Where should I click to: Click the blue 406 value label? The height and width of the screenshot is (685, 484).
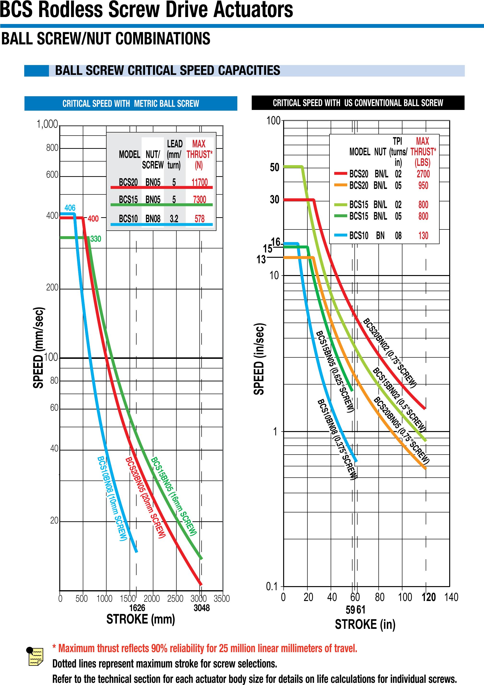70,208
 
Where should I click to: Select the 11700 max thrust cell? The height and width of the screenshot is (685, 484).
199,182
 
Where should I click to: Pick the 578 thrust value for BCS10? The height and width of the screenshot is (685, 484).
199,219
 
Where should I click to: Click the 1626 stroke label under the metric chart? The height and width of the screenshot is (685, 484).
137,608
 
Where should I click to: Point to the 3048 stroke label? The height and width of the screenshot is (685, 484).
202,608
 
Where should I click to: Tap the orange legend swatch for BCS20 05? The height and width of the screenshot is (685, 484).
340,185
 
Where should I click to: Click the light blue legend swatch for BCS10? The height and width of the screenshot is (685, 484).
340,235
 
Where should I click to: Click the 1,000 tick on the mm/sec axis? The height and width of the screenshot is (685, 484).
47,124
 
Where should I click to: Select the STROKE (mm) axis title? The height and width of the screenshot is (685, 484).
140,619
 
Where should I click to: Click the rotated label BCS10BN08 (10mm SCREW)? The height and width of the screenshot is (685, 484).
113,498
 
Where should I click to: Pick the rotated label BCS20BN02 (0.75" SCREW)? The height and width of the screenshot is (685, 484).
389,353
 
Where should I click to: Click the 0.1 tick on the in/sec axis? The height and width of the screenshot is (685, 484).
271,586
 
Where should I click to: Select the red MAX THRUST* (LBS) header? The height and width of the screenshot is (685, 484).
423,151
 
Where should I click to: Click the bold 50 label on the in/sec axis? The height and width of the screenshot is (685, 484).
274,167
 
